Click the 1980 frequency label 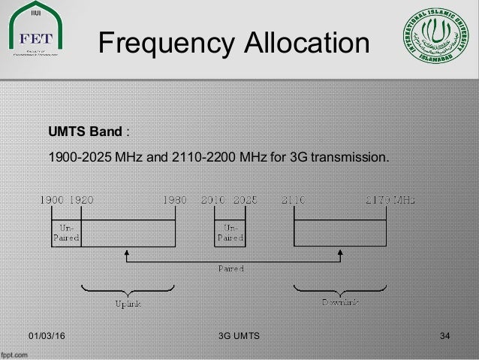[x=175, y=201]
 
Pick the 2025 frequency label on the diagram [x=244, y=201]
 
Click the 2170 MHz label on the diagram [x=390, y=201]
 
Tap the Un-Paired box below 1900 [x=65, y=231]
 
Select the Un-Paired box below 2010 [x=229, y=231]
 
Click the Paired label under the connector [x=231, y=267]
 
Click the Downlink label [x=341, y=302]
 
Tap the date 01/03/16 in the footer [x=47, y=334]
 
